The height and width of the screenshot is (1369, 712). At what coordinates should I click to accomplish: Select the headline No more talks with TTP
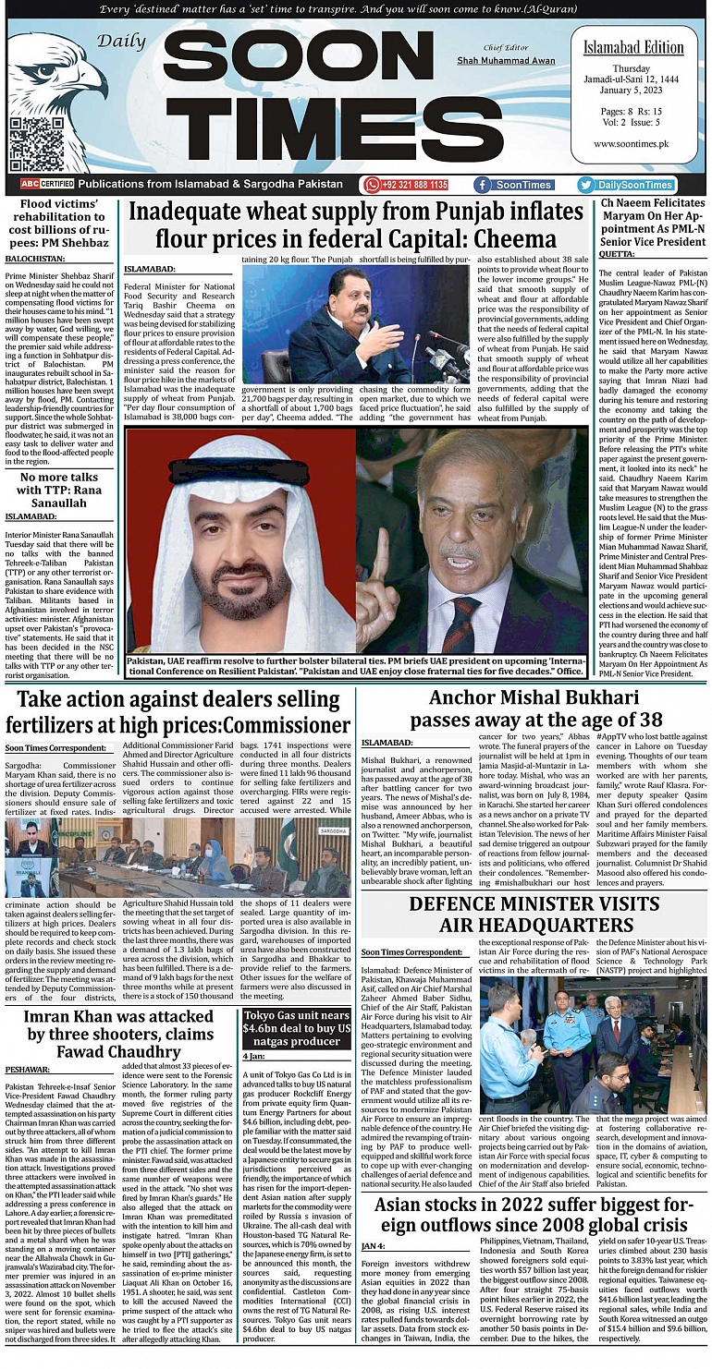pyautogui.click(x=60, y=484)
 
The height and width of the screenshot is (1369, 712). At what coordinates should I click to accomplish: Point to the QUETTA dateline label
pyautogui.click(x=617, y=253)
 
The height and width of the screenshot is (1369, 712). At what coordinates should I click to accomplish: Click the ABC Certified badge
pyautogui.click(x=41, y=185)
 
